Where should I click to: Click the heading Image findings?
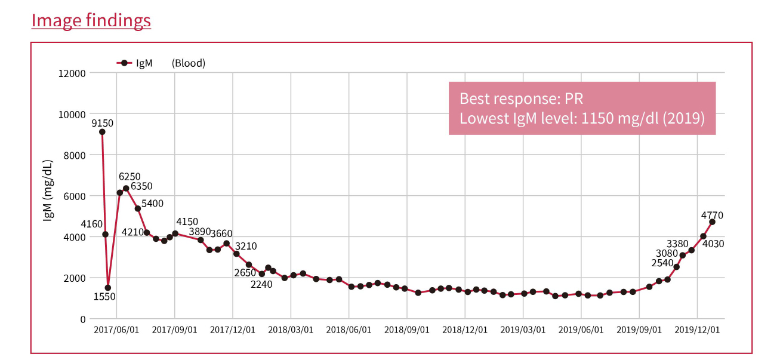click(91, 20)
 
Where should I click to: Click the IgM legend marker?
click(124, 63)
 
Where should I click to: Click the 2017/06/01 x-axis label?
click(116, 330)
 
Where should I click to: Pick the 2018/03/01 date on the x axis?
click(291, 330)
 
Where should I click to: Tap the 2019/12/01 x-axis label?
click(697, 330)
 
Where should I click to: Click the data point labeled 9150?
click(102, 132)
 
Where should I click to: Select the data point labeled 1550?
click(108, 288)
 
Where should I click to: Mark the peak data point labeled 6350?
click(126, 189)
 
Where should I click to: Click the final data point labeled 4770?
click(712, 221)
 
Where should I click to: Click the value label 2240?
click(261, 285)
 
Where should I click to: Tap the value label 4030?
click(713, 244)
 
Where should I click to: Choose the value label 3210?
click(246, 245)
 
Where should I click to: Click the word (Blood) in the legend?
click(188, 63)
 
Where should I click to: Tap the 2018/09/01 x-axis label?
click(407, 330)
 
